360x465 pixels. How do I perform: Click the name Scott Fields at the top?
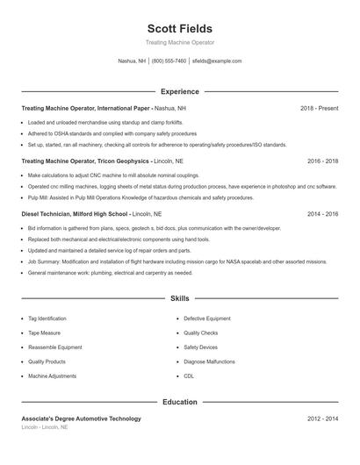180,29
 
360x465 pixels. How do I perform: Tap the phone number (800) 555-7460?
169,61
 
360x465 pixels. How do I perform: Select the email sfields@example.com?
216,61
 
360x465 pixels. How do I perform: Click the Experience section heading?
180,91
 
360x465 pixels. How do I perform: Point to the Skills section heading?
180,299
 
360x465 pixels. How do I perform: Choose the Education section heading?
180,402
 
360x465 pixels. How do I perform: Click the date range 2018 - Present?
319,108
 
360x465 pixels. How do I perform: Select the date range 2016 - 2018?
322,161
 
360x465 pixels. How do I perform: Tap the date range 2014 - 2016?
322,214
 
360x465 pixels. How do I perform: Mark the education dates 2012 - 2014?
322,419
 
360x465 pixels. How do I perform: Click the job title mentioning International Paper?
104,108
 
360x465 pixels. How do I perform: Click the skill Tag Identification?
47,318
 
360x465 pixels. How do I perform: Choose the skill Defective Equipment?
207,318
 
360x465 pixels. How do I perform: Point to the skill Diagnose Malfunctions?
209,361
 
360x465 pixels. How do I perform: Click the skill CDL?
189,376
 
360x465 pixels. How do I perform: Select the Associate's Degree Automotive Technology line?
81,419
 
